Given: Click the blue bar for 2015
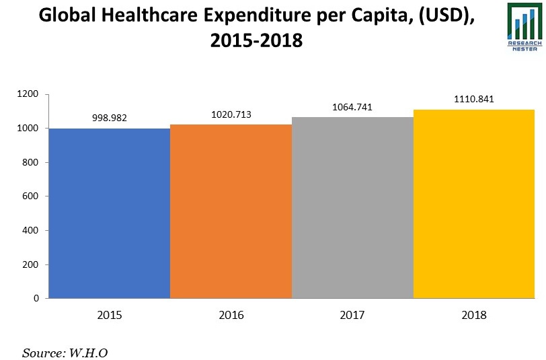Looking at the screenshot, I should [110, 213].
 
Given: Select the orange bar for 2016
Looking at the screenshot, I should [231, 211].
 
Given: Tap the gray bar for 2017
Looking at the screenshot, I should [352, 207].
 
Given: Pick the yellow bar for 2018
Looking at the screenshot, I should [473, 204].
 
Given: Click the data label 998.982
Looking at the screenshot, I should [109, 118].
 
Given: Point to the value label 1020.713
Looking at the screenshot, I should [231, 114].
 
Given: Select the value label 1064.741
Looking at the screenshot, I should [352, 107].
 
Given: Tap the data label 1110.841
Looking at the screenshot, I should [473, 99].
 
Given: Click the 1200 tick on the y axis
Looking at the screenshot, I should [31, 94].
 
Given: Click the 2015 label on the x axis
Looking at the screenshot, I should [110, 315].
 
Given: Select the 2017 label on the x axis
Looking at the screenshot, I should [352, 315].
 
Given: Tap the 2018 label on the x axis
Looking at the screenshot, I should [473, 315].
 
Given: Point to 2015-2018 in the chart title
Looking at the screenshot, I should [256, 42].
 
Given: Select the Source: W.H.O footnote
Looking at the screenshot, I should [65, 352].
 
